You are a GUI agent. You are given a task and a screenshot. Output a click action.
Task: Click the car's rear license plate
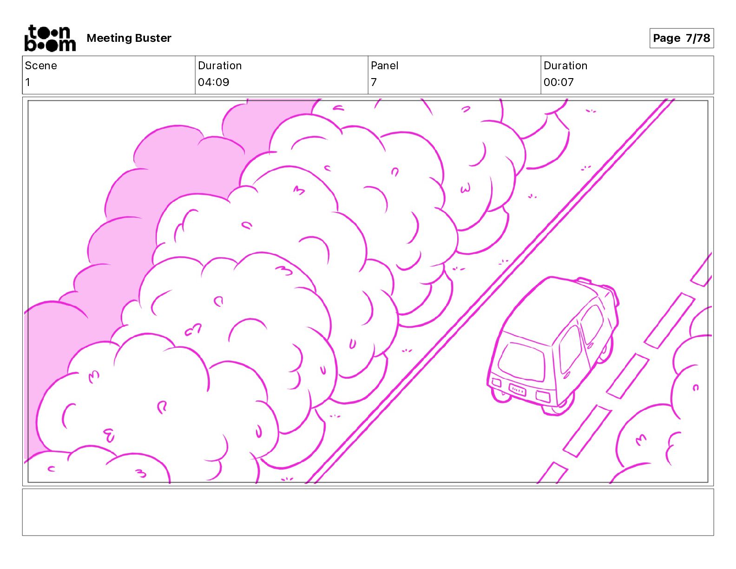click(517, 390)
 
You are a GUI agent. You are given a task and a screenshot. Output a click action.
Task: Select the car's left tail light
click(496, 383)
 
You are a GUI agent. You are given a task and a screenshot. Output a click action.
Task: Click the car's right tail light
click(543, 397)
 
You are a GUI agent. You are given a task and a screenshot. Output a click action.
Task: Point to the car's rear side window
click(570, 349)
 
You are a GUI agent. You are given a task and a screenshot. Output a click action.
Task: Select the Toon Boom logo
click(50, 38)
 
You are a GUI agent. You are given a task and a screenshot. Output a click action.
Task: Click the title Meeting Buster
click(129, 38)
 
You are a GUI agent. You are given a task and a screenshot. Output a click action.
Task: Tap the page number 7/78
click(681, 38)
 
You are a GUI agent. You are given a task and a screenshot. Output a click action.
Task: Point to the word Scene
click(41, 66)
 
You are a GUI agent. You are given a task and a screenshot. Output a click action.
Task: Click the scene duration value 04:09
click(213, 82)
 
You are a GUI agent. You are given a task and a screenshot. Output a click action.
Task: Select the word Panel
click(384, 66)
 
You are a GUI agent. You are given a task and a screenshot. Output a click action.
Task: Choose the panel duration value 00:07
click(559, 82)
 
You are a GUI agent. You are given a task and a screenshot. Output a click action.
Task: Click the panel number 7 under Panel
click(374, 82)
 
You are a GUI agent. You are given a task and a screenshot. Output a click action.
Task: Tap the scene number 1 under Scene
click(27, 82)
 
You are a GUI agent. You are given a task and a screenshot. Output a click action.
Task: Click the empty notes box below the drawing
click(368, 512)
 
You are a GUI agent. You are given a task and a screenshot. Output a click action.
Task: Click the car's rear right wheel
click(555, 409)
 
